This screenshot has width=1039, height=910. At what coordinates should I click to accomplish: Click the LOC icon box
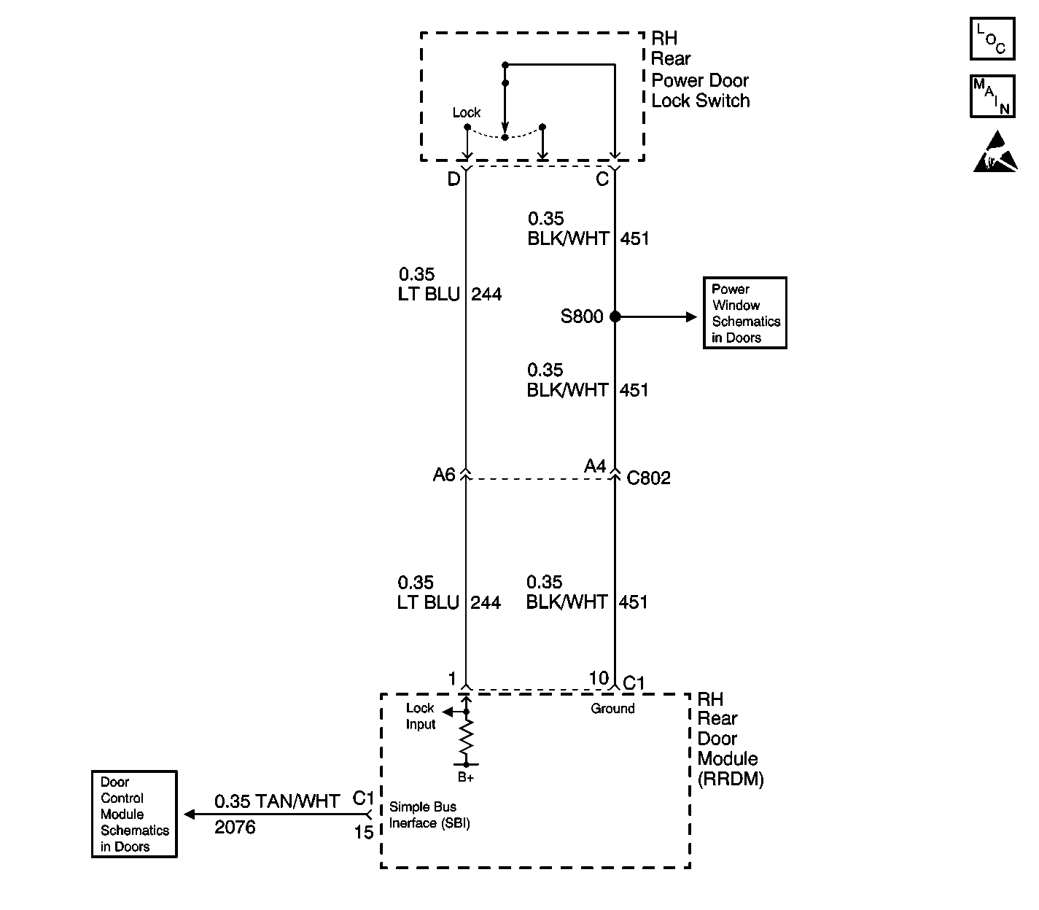(992, 39)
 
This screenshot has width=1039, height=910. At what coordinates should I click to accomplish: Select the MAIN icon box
(992, 96)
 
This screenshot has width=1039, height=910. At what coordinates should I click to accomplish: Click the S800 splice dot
(615, 316)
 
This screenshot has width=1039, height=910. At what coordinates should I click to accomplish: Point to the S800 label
(582, 316)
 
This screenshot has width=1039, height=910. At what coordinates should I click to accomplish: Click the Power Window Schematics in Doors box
(744, 313)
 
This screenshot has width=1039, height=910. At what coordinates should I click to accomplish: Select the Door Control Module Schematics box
(134, 814)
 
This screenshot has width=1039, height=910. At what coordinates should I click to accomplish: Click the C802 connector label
(648, 478)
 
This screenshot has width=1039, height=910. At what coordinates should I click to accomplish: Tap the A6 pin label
(443, 475)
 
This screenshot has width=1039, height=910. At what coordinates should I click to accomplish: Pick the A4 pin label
(595, 467)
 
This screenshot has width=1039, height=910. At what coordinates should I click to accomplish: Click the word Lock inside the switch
(467, 112)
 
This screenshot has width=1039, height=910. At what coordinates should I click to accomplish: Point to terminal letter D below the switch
(454, 179)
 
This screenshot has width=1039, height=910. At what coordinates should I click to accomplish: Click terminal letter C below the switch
(602, 179)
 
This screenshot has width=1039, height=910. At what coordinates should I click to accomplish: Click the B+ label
(467, 777)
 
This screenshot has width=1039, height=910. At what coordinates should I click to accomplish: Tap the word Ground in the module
(612, 708)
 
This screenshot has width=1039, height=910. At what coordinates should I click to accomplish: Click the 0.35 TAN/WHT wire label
(277, 801)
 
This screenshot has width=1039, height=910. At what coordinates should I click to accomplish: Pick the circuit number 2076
(235, 827)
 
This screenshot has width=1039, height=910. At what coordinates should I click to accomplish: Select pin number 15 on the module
(364, 831)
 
